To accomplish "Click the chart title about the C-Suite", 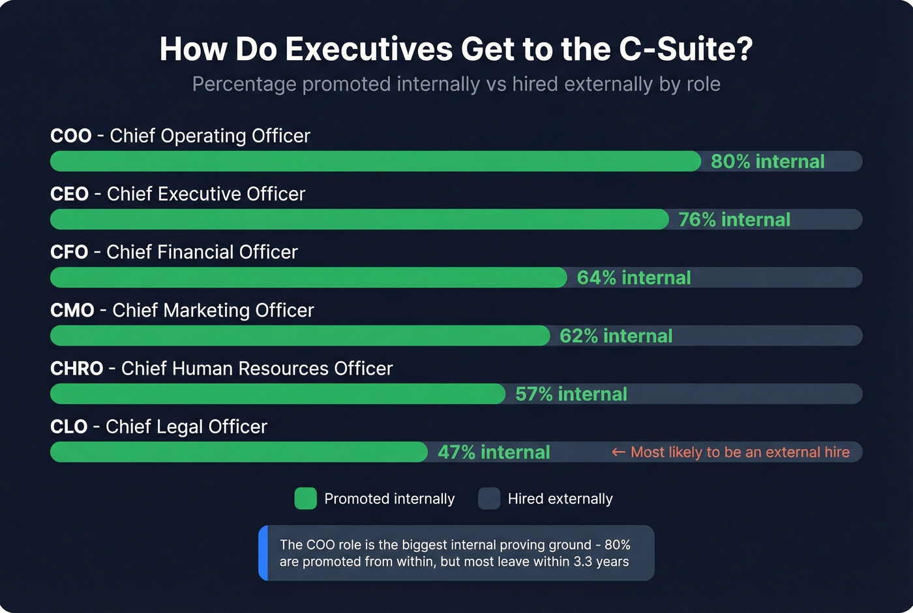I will coord(456,49).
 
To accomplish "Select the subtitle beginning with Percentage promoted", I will coord(456,84).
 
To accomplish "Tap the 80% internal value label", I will coord(768,161).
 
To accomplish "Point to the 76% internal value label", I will coord(734,219).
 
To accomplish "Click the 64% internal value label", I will coord(634,277).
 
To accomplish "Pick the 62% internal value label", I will coord(616,336).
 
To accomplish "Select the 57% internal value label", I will coord(571,394).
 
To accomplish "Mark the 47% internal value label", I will coord(494,452).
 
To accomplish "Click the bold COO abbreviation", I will coord(71,136).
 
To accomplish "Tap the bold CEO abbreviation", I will coord(69,194).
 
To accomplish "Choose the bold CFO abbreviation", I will coord(69,252).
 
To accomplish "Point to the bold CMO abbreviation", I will coord(72,310).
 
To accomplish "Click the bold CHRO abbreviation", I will coord(77,368).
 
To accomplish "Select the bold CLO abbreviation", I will coord(68,426).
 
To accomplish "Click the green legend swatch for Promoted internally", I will coord(305,499).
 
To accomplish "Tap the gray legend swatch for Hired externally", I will coord(489,499).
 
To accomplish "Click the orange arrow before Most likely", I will coord(618,452).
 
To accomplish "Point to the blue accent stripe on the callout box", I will coord(263,553).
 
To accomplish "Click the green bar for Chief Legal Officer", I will coord(239,452).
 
